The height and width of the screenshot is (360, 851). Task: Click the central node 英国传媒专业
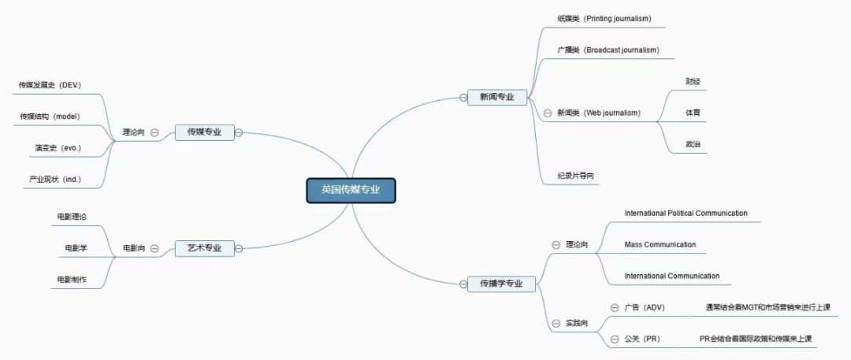point(351,190)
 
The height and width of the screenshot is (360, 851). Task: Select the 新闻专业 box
point(497,97)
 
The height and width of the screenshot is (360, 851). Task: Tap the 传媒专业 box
point(204,132)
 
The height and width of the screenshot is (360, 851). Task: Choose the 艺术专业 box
point(204,248)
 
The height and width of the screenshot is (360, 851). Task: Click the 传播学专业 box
point(501,283)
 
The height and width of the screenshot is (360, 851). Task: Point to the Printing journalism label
point(604,18)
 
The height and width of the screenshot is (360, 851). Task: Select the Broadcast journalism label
point(608,50)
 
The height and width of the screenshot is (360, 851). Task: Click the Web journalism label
point(599,113)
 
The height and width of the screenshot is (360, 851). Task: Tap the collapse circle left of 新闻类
point(548,113)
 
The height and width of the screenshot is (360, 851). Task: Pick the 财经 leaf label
point(693,81)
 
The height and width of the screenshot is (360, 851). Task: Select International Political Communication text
point(686,213)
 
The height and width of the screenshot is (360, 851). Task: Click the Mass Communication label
point(660,245)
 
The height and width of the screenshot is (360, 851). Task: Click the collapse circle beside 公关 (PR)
point(615,339)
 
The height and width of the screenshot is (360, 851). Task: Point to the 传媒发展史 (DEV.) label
point(50,84)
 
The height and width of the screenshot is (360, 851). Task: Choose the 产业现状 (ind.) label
point(55,180)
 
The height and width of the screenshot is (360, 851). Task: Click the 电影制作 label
point(72,280)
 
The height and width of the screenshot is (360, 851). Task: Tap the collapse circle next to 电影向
point(154,248)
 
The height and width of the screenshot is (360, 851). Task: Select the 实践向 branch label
point(577,324)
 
